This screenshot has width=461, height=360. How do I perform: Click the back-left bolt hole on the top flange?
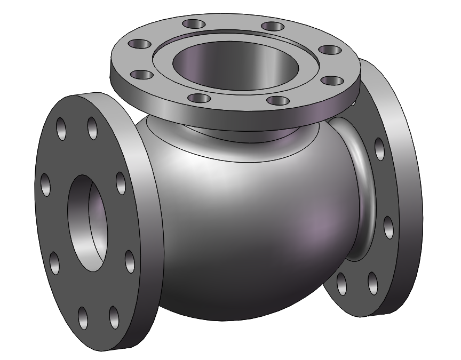pos(193,24)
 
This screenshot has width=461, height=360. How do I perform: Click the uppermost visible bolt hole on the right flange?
pos(379,149)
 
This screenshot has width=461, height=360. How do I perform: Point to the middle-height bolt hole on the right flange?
pos(388,227)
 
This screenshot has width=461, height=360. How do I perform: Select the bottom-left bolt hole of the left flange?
pos(83,318)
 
